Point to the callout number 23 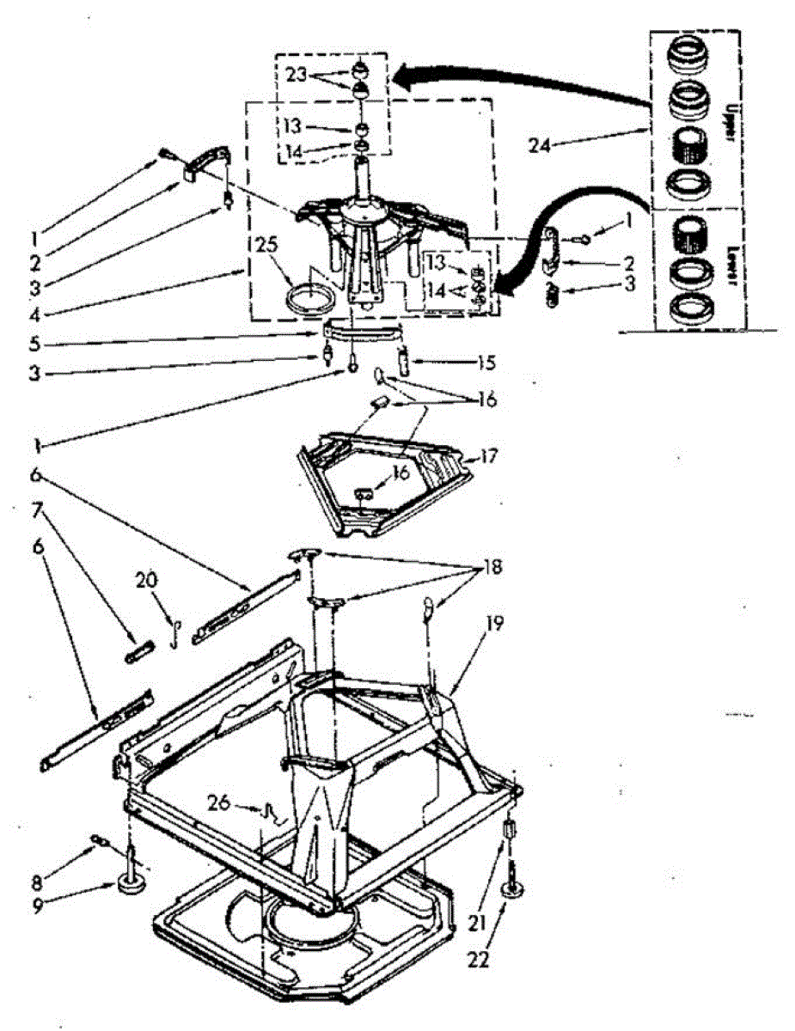tap(297, 74)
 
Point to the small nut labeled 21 tap(509, 831)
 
